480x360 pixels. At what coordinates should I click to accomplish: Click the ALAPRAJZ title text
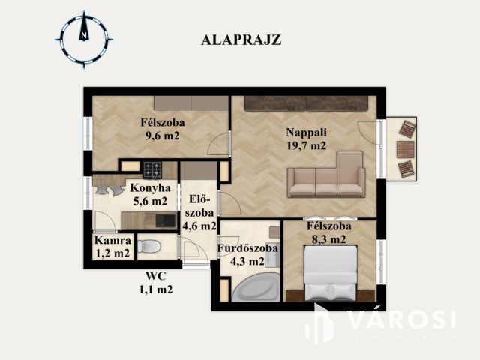tap(241, 40)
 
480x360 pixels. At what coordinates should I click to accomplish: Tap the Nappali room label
tap(306, 133)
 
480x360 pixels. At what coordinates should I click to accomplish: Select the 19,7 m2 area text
tap(306, 146)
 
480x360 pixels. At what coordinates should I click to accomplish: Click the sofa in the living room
tap(326, 178)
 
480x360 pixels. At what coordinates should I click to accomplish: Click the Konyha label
tap(150, 188)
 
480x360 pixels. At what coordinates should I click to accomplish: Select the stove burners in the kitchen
tap(152, 168)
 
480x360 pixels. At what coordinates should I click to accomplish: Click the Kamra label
tap(112, 241)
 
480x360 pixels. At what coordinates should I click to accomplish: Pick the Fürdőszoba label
tap(247, 248)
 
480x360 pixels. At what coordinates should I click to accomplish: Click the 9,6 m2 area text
tap(162, 136)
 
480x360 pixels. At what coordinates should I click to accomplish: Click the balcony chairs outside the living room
tap(405, 148)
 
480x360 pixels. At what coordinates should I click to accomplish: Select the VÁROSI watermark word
tap(401, 320)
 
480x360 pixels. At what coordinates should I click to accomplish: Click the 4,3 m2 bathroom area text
tap(247, 262)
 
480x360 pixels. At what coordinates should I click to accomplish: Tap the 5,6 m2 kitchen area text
tap(149, 201)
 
